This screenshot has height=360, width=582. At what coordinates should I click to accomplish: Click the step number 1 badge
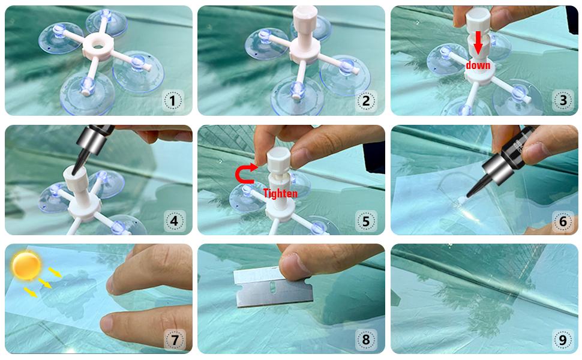pyautogui.click(x=173, y=101)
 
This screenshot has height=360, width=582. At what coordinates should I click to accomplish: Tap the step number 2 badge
pyautogui.click(x=366, y=101)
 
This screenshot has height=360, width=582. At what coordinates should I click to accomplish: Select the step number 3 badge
pyautogui.click(x=563, y=101)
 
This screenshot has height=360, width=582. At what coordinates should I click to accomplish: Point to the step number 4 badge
pyautogui.click(x=174, y=221)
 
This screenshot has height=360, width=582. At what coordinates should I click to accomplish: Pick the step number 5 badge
pyautogui.click(x=366, y=221)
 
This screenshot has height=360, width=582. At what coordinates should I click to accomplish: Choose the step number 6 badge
pyautogui.click(x=563, y=221)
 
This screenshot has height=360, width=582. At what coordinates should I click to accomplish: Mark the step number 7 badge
pyautogui.click(x=175, y=340)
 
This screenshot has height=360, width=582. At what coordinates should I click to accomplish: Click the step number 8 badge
pyautogui.click(x=366, y=340)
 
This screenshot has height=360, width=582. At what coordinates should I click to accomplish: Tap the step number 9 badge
pyautogui.click(x=563, y=340)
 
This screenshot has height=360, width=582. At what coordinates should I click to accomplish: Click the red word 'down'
pyautogui.click(x=478, y=65)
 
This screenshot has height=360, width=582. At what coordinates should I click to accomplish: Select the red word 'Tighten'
pyautogui.click(x=280, y=193)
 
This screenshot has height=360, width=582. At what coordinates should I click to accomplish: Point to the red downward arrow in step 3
pyautogui.click(x=478, y=43)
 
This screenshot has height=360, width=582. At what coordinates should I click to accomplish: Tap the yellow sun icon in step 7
pyautogui.click(x=26, y=265)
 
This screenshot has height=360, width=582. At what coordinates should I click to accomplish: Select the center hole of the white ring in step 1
pyautogui.click(x=98, y=45)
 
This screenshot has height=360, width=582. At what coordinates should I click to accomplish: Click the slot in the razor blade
pyautogui.click(x=272, y=287)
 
